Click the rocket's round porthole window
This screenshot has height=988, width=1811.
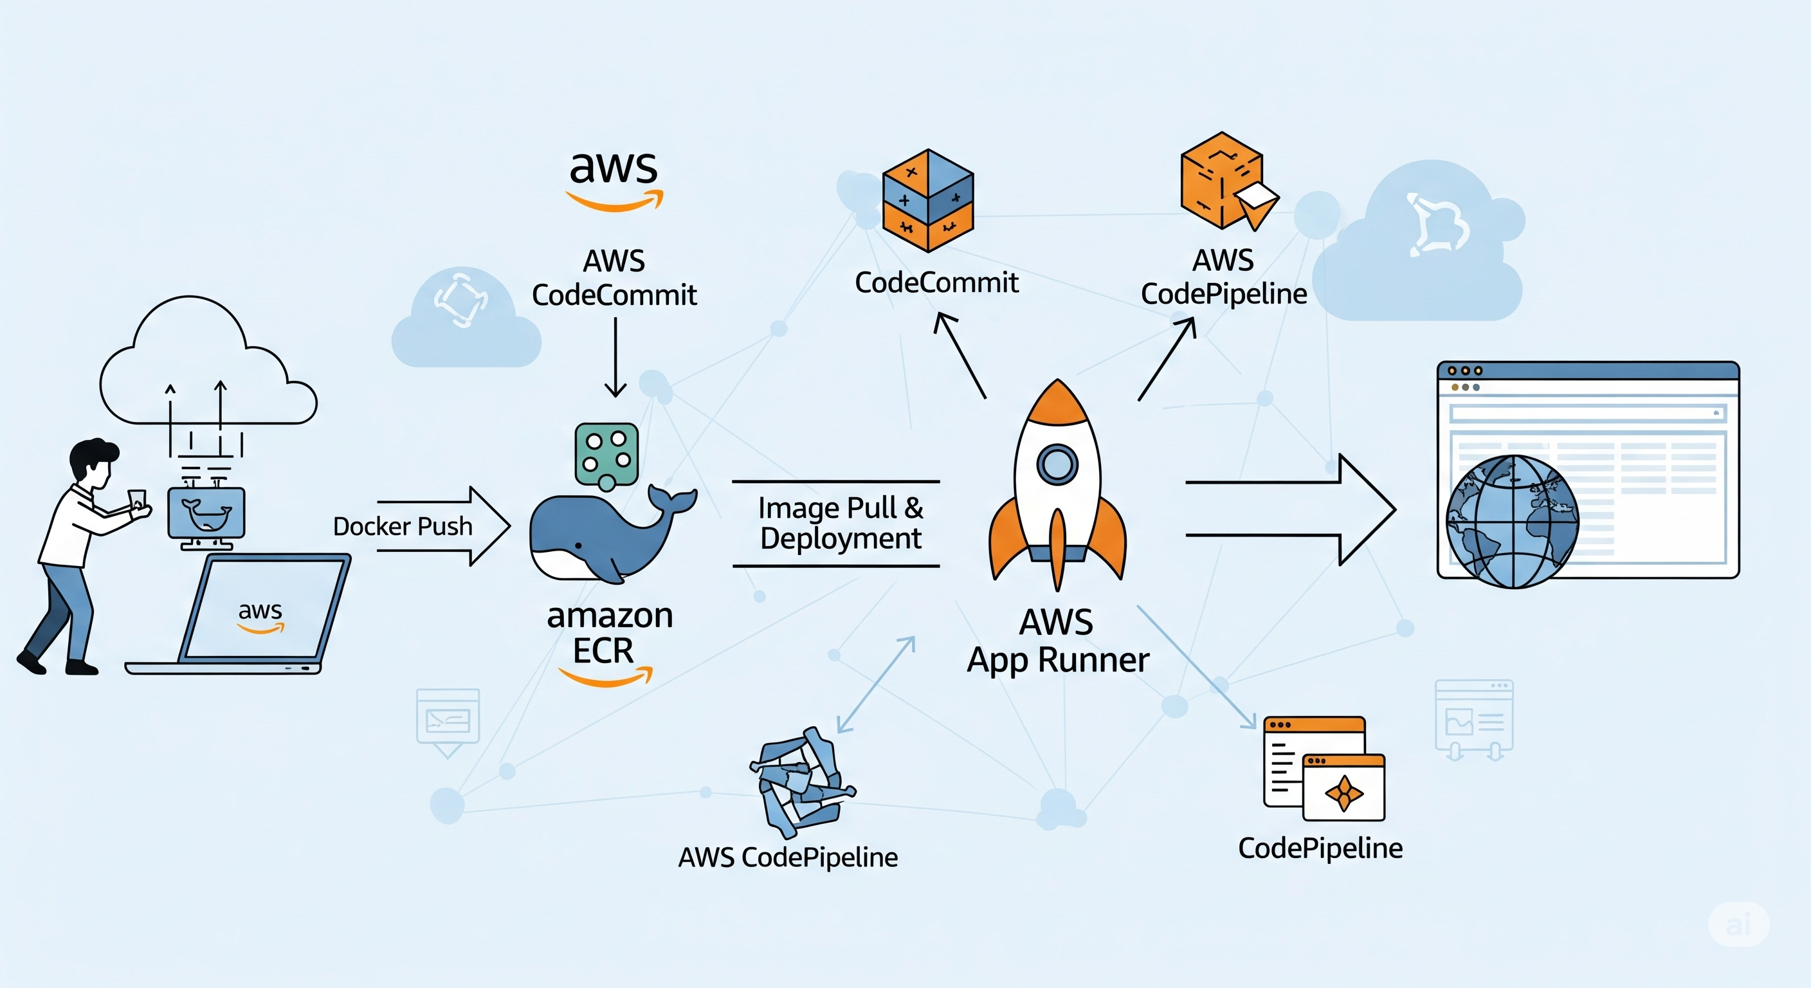(1057, 463)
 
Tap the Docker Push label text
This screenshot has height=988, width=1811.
(402, 526)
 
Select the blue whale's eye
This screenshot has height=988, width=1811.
(578, 545)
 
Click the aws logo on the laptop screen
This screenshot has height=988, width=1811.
(260, 616)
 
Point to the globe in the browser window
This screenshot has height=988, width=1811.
(1511, 521)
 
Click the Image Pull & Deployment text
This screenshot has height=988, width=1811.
(840, 523)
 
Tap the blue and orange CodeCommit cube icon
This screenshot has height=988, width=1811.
(927, 201)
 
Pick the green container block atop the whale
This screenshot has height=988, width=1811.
(606, 453)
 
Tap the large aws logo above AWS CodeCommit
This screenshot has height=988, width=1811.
(614, 179)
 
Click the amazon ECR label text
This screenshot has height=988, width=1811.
(609, 633)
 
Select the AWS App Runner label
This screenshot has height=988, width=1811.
(1057, 641)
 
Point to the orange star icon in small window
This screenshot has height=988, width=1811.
(1343, 792)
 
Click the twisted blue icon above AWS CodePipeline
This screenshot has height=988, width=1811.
(801, 780)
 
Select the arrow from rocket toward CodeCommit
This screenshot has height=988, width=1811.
(960, 356)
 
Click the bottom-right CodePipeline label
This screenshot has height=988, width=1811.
(1320, 848)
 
